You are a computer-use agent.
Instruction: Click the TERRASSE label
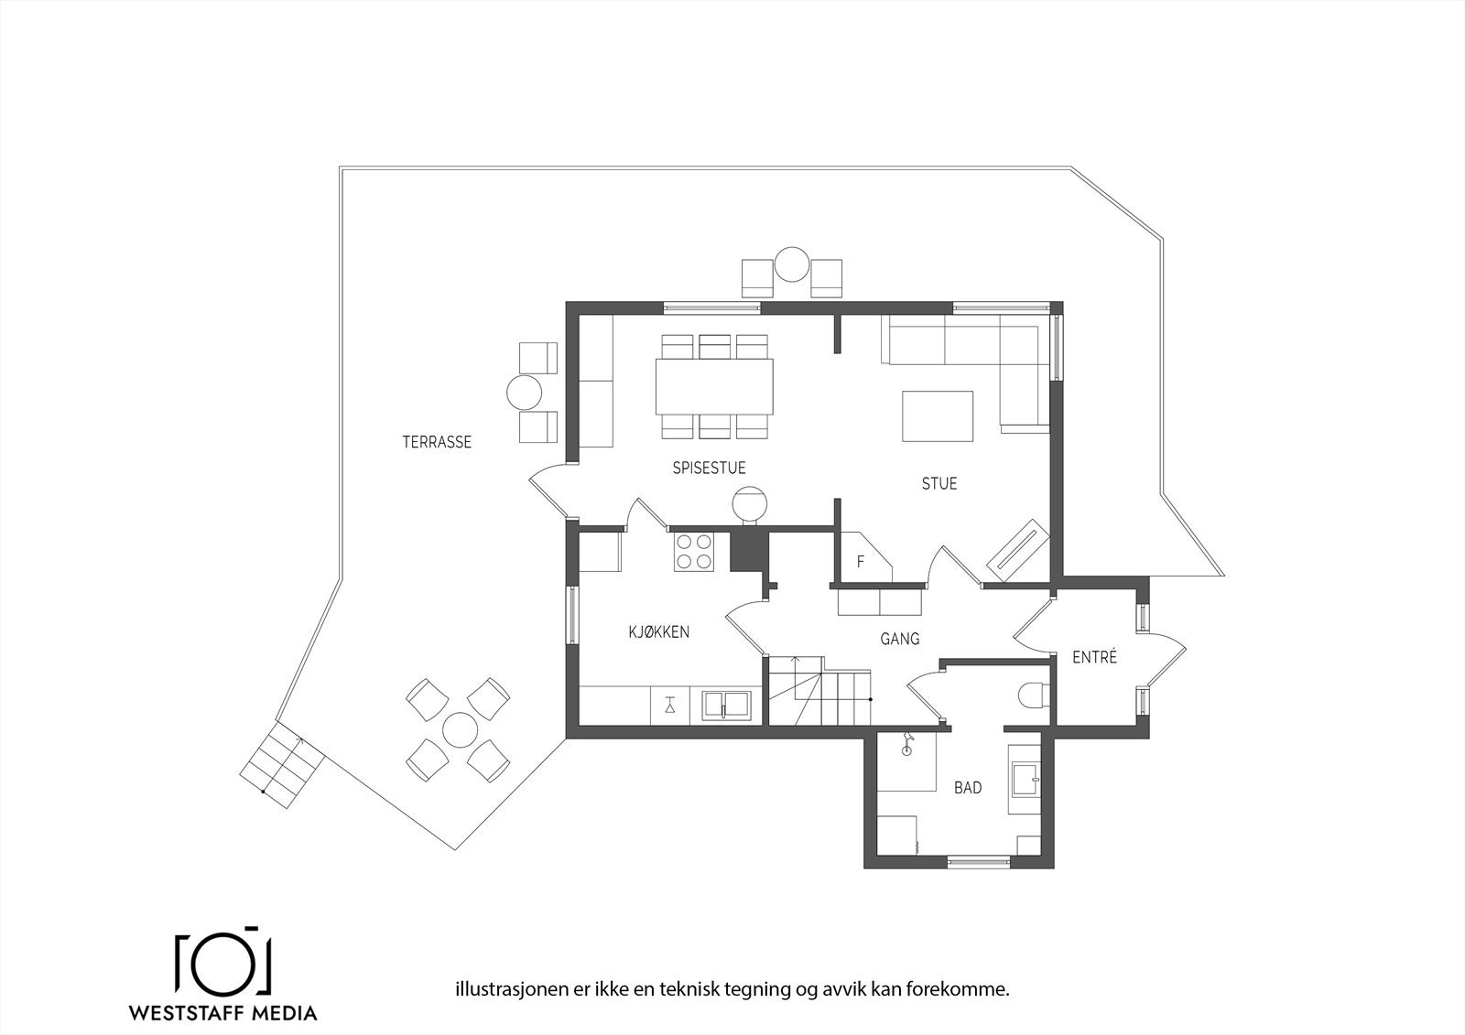[x=437, y=443]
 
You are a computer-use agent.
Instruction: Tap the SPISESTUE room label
[x=709, y=469]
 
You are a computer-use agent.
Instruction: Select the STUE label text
[x=939, y=484]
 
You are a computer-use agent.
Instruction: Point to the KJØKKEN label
[x=658, y=632]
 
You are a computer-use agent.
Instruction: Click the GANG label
[x=899, y=640]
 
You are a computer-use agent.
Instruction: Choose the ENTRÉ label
[x=1094, y=658]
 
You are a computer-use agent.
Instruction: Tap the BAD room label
[x=968, y=788]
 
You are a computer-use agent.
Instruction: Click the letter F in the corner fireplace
[x=860, y=562]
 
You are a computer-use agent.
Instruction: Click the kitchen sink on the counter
[x=727, y=705]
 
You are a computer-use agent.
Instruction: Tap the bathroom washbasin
[x=1025, y=779]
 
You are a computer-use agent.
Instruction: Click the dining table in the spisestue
[x=714, y=386]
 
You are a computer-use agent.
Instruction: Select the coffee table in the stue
[x=937, y=416]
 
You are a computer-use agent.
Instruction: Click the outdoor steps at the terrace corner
[x=284, y=763]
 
